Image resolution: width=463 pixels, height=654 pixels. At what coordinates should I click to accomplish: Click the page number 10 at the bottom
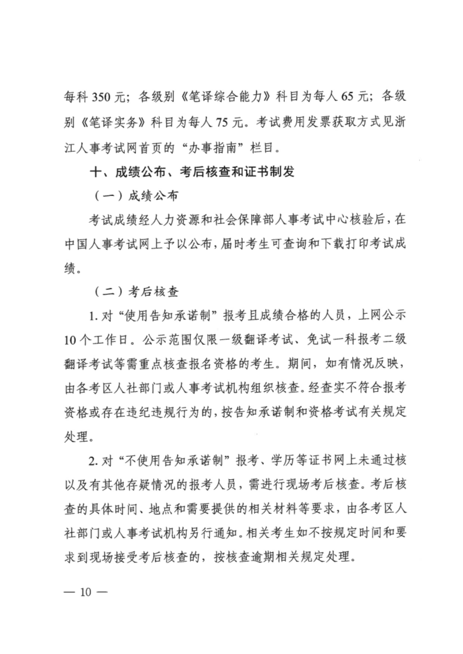(86, 593)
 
